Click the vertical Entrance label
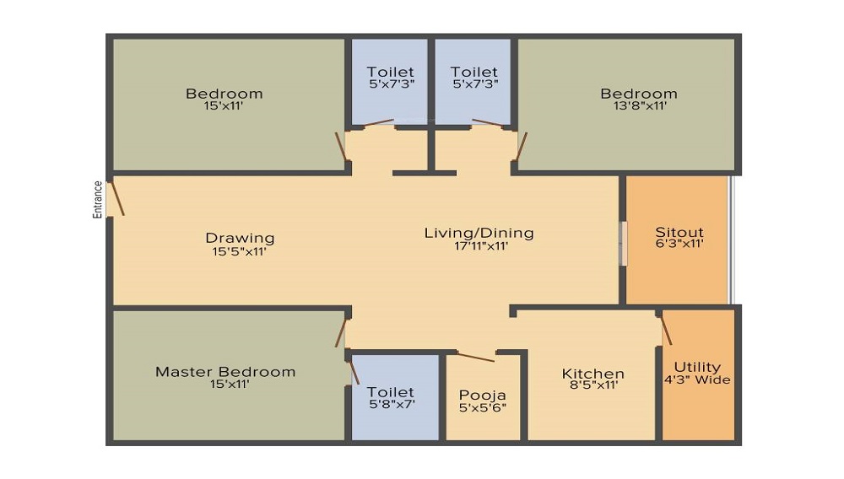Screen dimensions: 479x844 tap(98, 200)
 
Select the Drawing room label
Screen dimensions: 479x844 tap(241, 238)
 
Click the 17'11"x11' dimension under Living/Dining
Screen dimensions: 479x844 tap(479, 246)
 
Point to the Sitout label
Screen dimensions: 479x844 tap(679, 233)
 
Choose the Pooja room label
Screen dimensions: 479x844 tap(482, 394)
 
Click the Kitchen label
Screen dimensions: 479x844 tap(593, 374)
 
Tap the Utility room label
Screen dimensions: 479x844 tap(698, 367)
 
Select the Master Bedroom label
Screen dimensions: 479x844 tap(225, 372)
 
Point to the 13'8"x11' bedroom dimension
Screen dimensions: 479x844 tap(639, 106)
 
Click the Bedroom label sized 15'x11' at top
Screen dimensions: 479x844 tap(225, 94)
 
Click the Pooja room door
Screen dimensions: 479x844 tap(476, 357)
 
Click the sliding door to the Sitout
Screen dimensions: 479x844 tap(625, 244)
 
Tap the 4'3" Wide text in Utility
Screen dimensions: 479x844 tap(698, 380)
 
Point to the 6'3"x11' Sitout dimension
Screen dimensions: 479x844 tap(679, 245)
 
